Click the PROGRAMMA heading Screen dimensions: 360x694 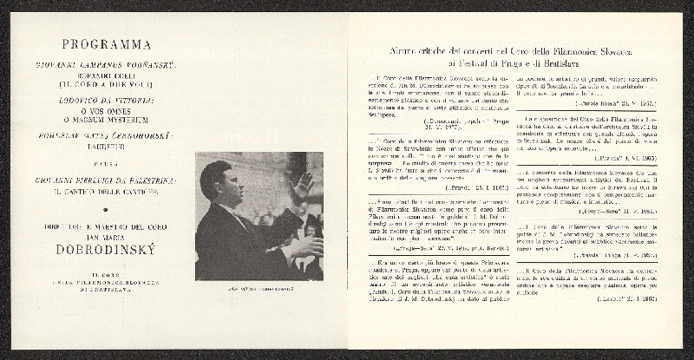[108, 44]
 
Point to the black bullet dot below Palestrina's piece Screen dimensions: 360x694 [108, 209]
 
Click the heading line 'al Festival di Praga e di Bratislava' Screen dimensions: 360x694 [520, 64]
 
